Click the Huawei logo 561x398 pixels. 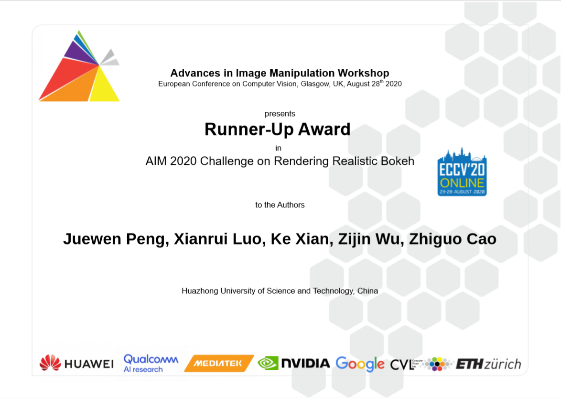pyautogui.click(x=76, y=363)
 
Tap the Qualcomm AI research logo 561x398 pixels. pyautogui.click(x=151, y=363)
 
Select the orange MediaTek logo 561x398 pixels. pyautogui.click(x=219, y=363)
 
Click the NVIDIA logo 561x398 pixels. pyautogui.click(x=294, y=363)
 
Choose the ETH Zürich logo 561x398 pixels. pyautogui.click(x=488, y=364)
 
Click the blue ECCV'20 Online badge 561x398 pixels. pyautogui.click(x=462, y=172)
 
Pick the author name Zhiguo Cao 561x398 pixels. pyautogui.click(x=453, y=239)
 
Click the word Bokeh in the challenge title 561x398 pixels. pyautogui.click(x=398, y=161)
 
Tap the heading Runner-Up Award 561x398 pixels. pyautogui.click(x=277, y=129)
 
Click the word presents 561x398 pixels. pyautogui.click(x=280, y=114)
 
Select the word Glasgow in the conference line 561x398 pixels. pyautogui.click(x=315, y=84)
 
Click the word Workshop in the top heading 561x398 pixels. pyautogui.click(x=364, y=73)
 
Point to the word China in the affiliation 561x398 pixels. pyautogui.click(x=367, y=290)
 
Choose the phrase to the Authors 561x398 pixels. pyautogui.click(x=280, y=205)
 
